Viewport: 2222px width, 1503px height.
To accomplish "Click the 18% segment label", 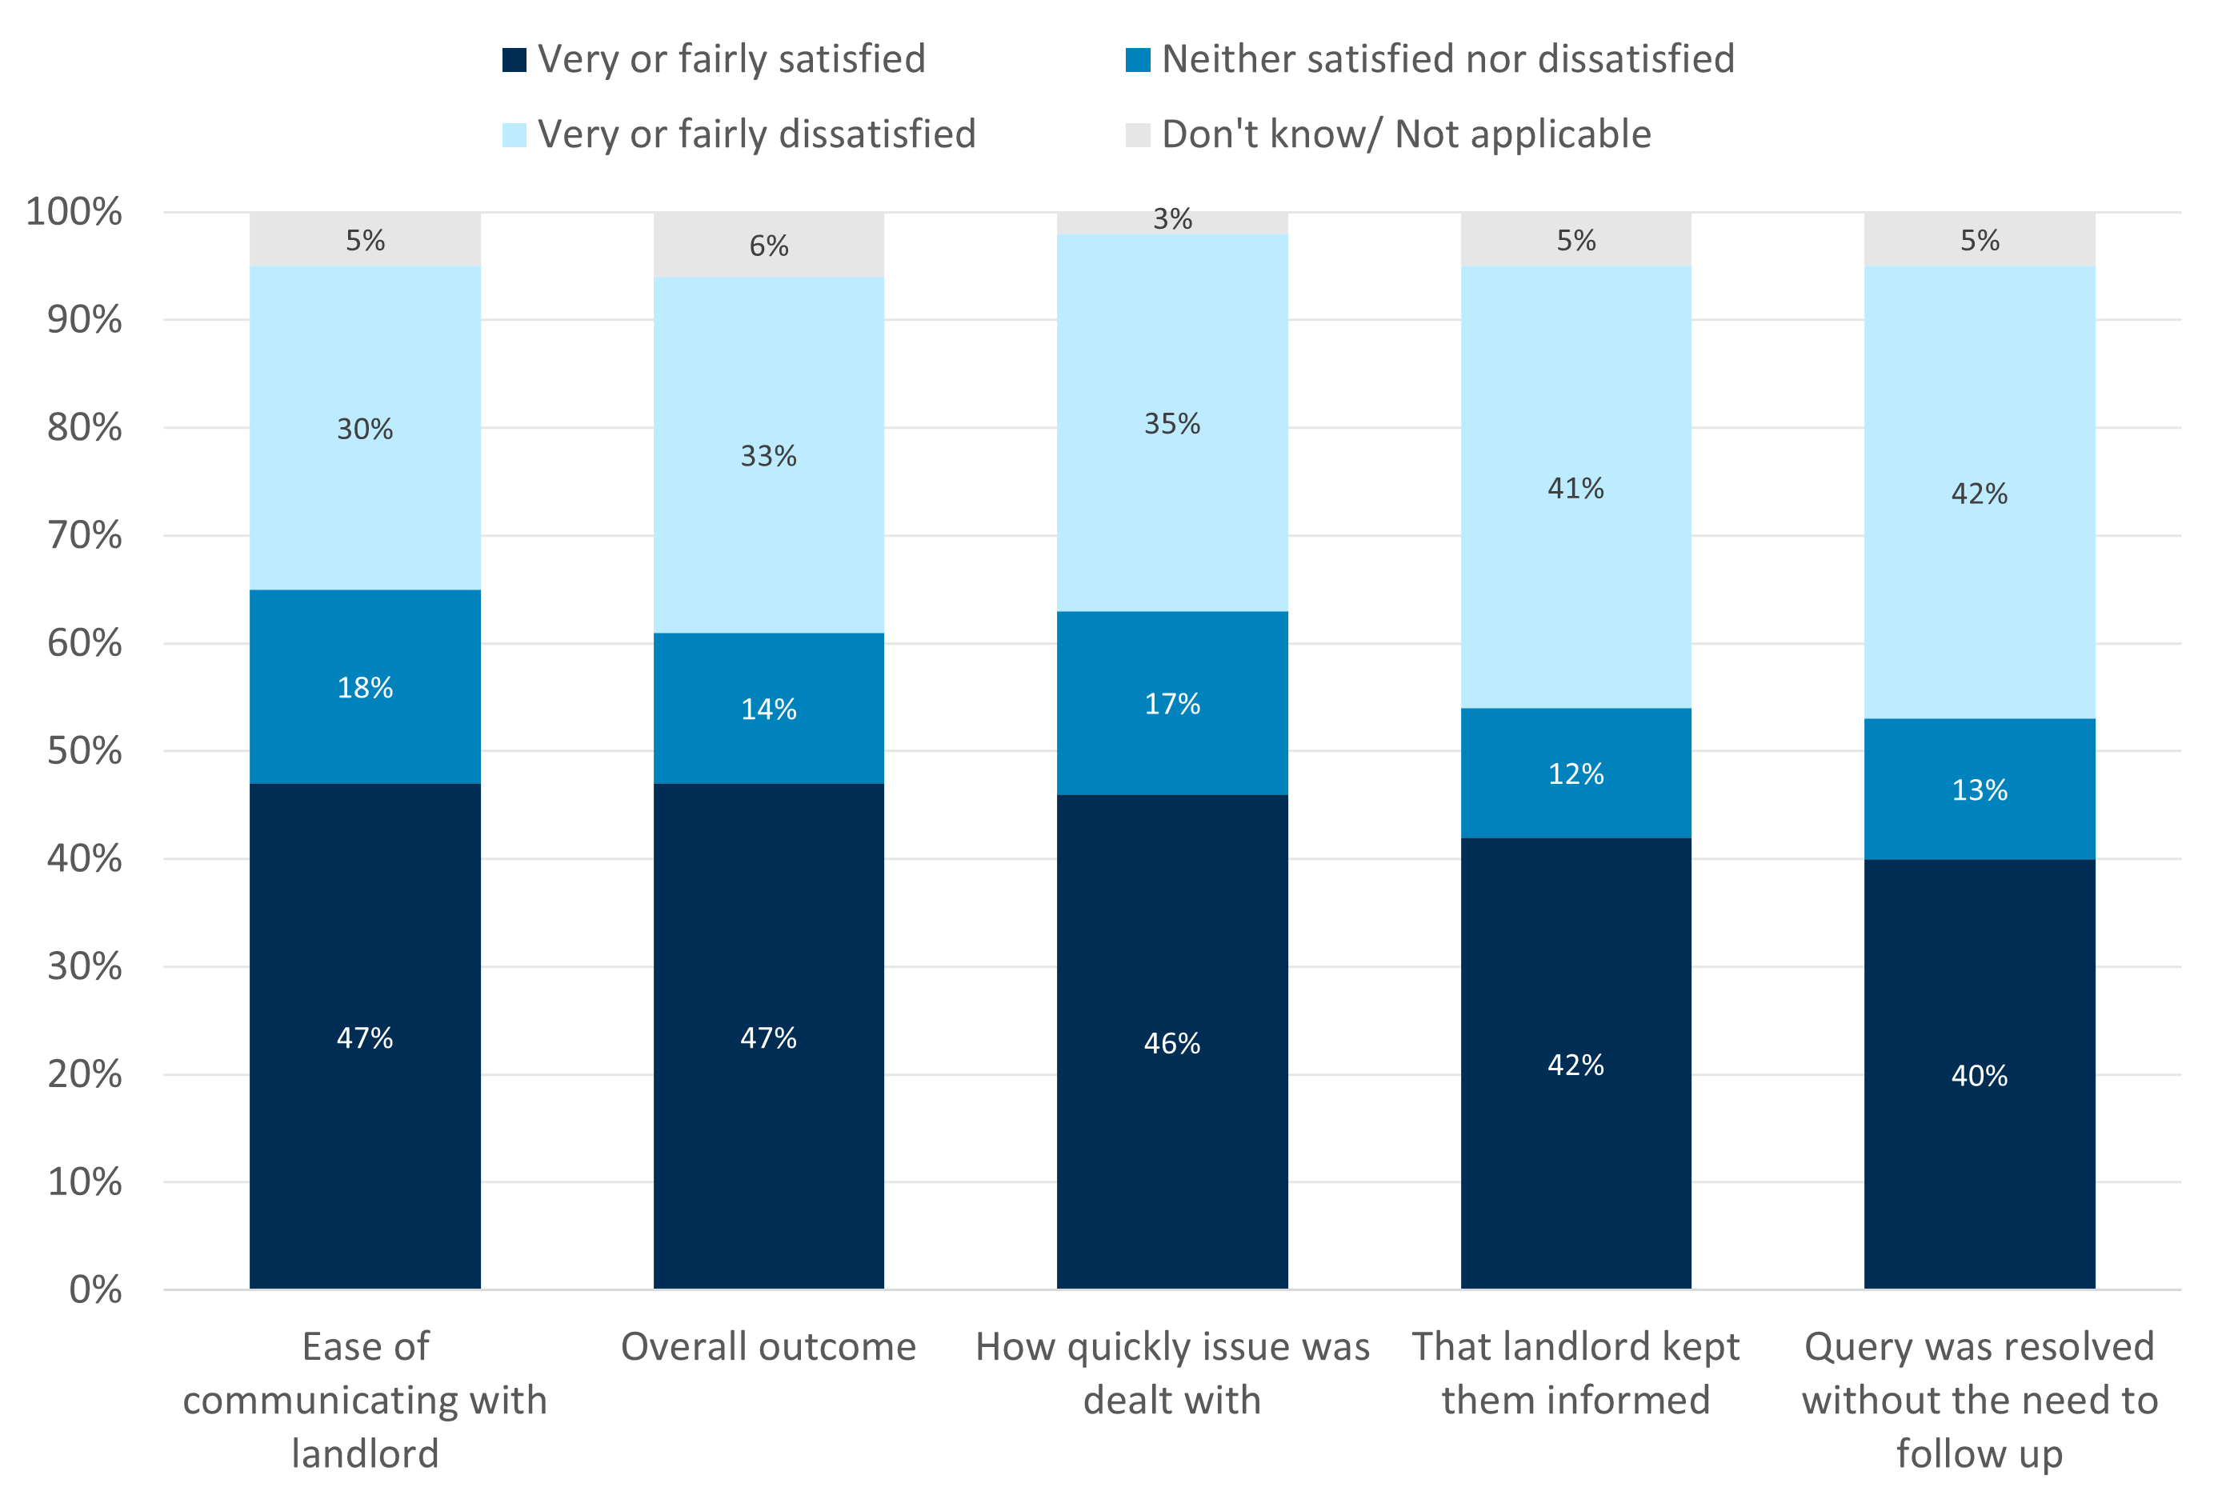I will [x=364, y=687].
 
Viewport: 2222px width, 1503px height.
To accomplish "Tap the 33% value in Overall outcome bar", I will [x=768, y=456].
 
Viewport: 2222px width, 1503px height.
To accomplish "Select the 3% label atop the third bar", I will [x=1171, y=220].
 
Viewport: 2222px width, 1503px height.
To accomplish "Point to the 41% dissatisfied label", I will [x=1575, y=489].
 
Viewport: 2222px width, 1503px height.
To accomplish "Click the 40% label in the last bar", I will [x=1978, y=1076].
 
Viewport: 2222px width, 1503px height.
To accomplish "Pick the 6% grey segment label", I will [x=768, y=246].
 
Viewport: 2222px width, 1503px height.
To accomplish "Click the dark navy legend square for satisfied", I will [x=514, y=60].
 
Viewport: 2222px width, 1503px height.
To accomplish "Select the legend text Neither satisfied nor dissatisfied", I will [x=1447, y=59].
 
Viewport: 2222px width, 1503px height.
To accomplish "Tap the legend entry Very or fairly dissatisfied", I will [x=755, y=134].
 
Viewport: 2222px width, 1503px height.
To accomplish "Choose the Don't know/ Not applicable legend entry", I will [x=1406, y=134].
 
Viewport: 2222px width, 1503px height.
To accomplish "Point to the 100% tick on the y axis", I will [x=74, y=211].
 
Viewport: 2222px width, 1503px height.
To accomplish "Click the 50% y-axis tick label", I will [x=84, y=750].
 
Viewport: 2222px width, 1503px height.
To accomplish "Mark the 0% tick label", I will [x=94, y=1289].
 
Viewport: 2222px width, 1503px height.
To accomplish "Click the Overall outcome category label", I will [x=768, y=1346].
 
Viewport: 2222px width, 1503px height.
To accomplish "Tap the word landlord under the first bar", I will [x=364, y=1453].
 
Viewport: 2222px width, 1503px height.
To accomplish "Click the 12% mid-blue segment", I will [x=1575, y=773].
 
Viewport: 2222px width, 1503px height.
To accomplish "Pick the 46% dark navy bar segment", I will [x=1171, y=1042].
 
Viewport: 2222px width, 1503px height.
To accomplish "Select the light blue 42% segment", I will [x=1978, y=494].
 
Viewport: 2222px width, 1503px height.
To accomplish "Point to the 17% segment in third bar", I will [x=1171, y=704].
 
